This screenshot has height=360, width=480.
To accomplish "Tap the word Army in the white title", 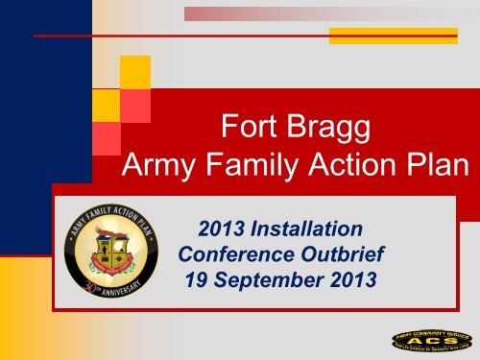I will pyautogui.click(x=163, y=171).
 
